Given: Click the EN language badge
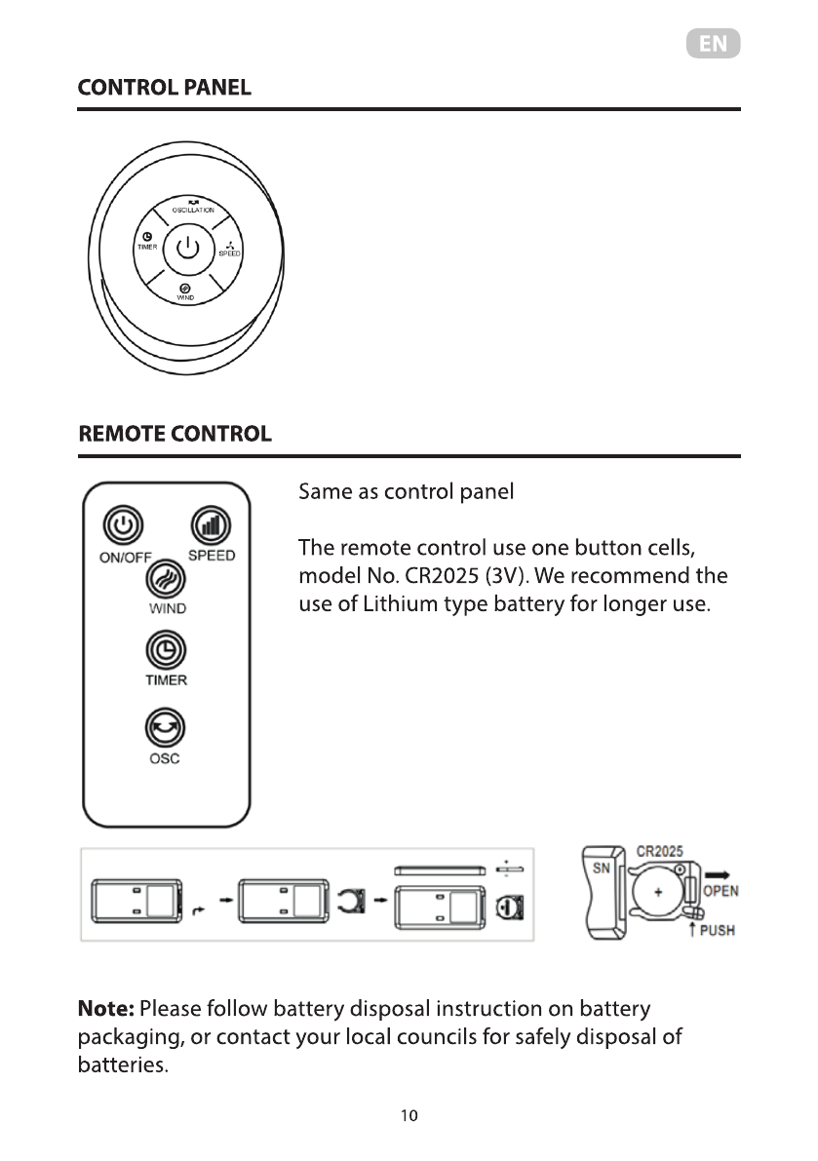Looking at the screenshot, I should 713,45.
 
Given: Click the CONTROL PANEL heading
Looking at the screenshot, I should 164,88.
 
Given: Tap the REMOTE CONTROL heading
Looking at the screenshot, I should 175,434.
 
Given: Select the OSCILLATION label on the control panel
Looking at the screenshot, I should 193,210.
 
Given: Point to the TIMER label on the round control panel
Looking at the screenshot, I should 147,248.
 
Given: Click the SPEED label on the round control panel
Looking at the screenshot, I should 229,253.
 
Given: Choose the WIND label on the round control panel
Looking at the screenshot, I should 185,296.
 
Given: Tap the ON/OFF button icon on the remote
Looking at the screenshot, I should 122,526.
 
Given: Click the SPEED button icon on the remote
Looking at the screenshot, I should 208,525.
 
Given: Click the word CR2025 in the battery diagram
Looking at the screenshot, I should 659,851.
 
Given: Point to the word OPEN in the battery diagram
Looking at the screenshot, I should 721,891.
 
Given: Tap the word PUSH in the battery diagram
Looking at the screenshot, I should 718,931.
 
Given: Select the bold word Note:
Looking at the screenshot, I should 106,1008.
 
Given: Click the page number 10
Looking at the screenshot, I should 409,1116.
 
